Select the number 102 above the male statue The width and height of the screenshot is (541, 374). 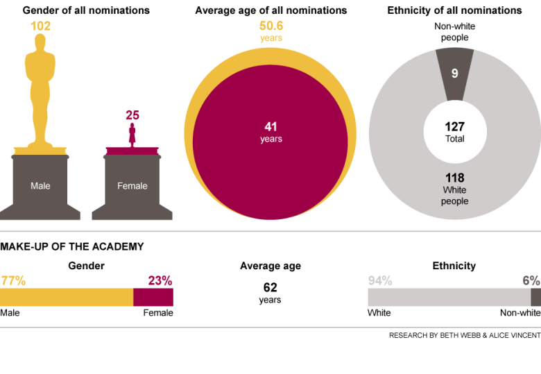coord(40,26)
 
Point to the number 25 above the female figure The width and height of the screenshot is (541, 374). coord(132,115)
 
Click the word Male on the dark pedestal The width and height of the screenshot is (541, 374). coord(40,186)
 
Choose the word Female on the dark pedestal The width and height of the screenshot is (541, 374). coord(132,186)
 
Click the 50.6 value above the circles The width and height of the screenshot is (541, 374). coord(271,26)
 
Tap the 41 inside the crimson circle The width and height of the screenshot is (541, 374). coord(270,127)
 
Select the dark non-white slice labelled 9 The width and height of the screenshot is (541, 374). coord(455,73)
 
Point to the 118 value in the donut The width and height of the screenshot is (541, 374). coord(455,178)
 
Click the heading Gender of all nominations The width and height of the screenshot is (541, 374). coord(86,10)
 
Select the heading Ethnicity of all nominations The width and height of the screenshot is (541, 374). coord(454,10)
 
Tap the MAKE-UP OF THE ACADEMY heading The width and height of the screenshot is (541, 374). coord(72,246)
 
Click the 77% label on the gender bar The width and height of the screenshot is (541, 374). coord(13,281)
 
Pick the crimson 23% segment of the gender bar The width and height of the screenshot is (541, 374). coord(153,297)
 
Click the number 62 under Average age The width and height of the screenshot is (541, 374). coord(270,287)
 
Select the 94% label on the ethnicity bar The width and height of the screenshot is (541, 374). coord(380,281)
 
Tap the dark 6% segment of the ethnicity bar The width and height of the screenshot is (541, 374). coord(535,297)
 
